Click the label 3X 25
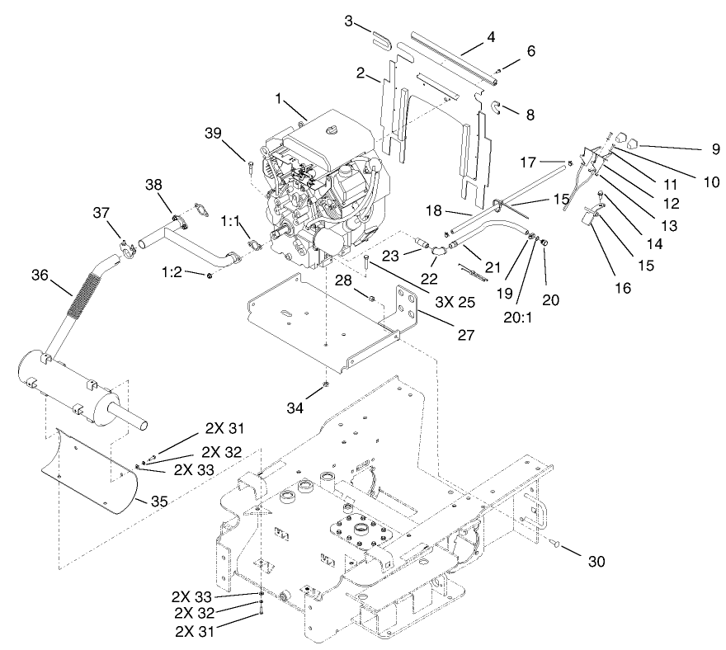(x=455, y=302)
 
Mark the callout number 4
(x=491, y=37)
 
